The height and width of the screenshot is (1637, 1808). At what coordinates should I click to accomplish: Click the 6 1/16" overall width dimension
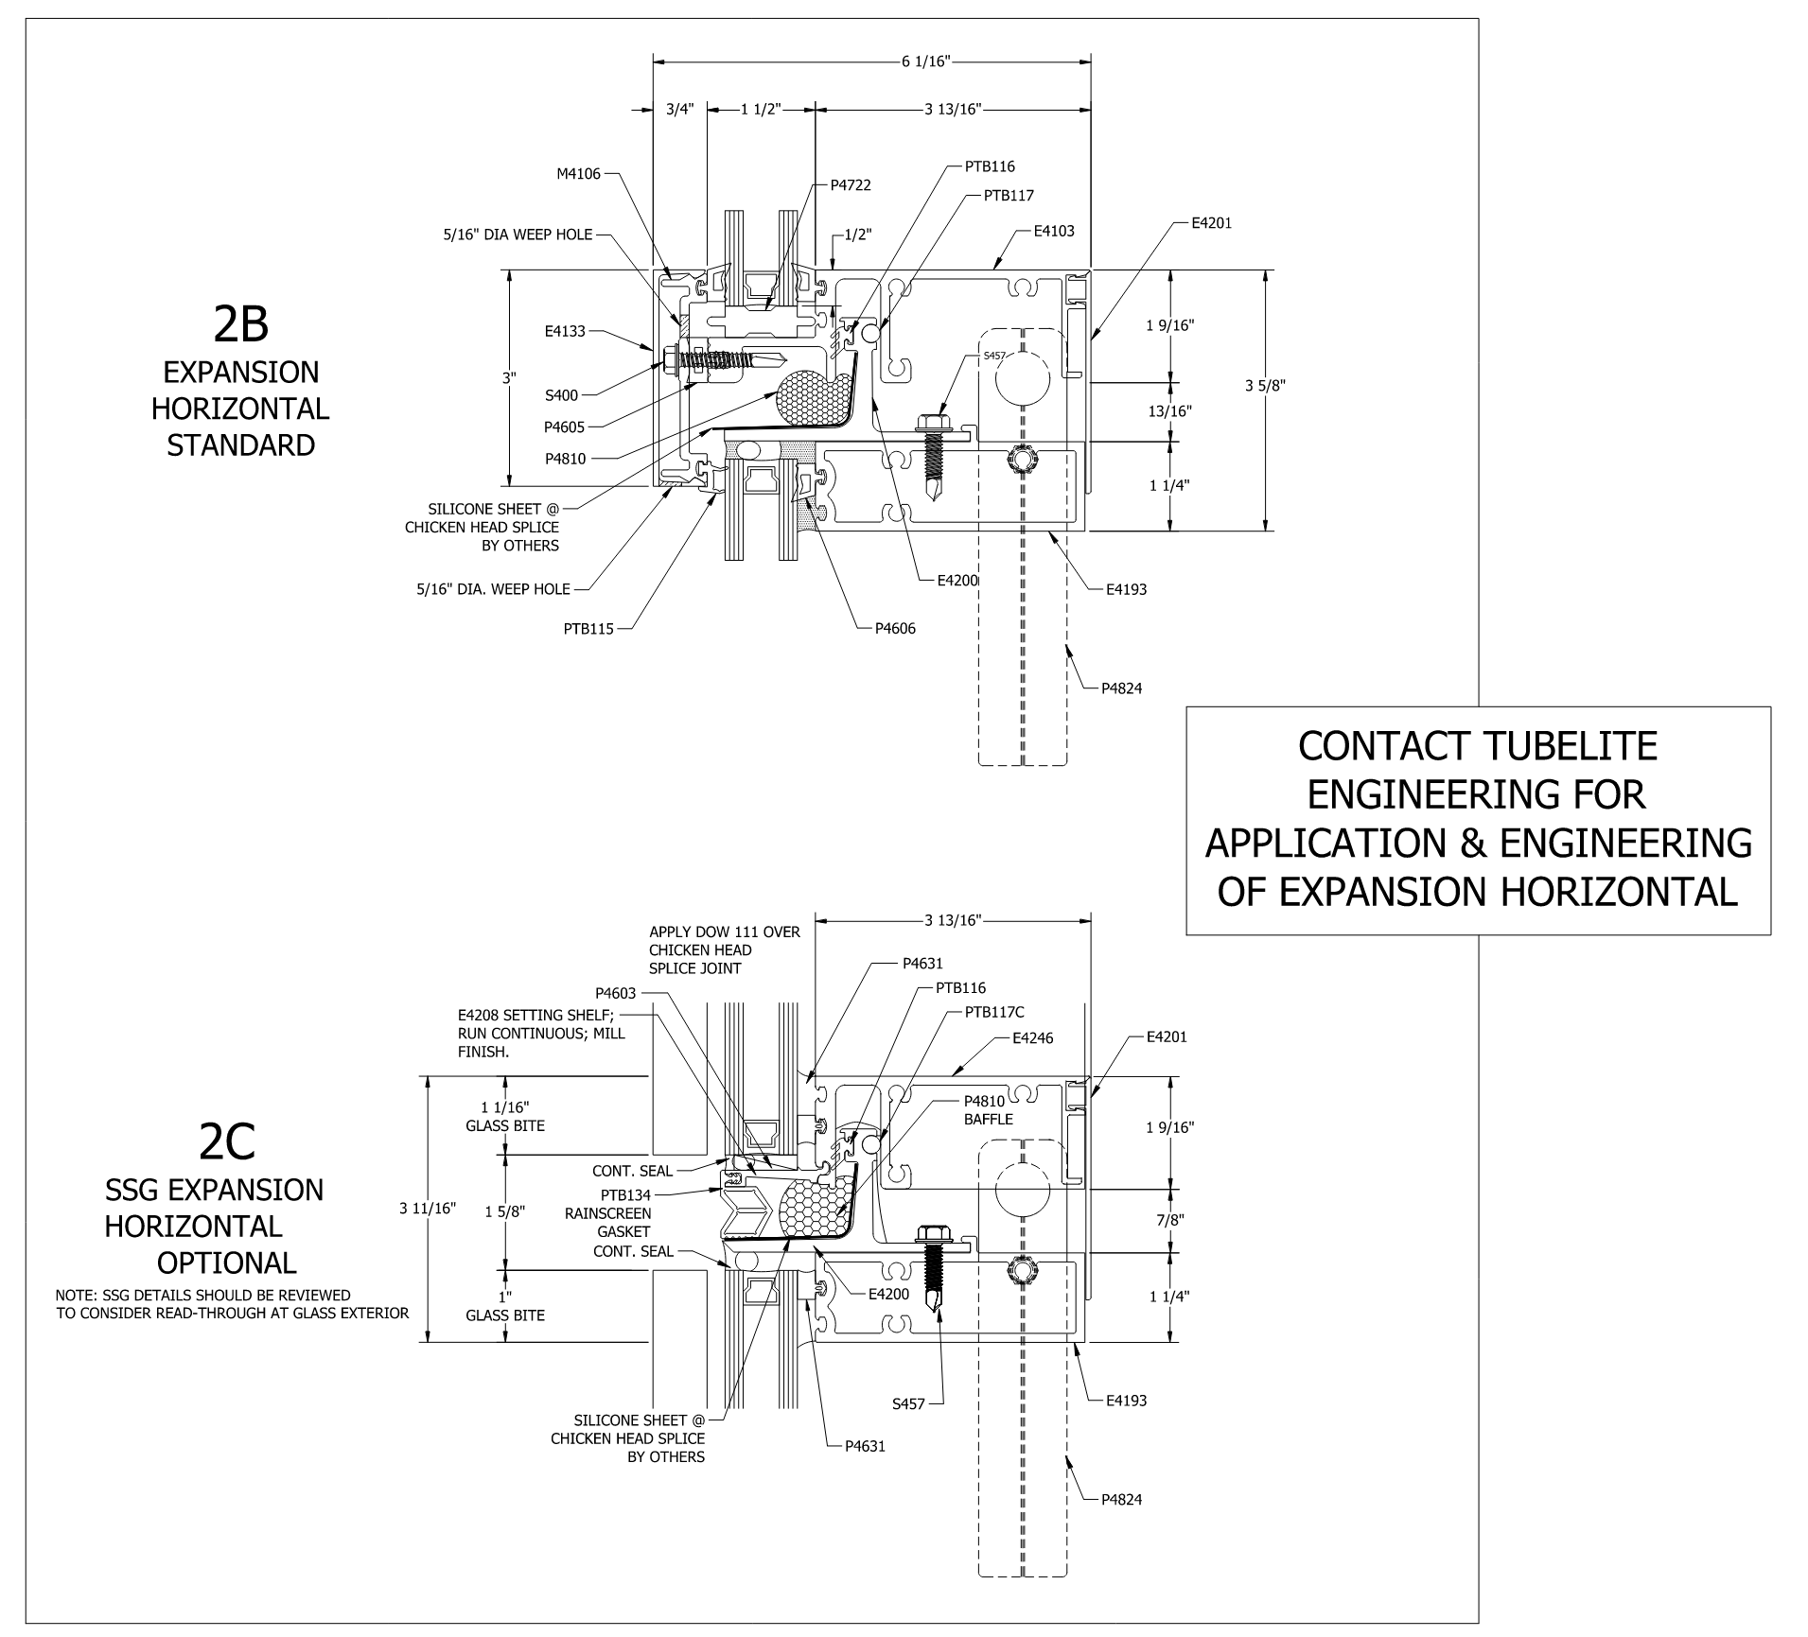pos(925,62)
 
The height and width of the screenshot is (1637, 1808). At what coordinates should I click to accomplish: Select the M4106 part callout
pos(577,174)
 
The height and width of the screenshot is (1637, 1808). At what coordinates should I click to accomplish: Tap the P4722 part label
pos(851,185)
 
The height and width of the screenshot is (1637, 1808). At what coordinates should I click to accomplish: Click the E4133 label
pos(565,332)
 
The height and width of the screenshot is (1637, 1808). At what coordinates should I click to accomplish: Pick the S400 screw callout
pos(561,395)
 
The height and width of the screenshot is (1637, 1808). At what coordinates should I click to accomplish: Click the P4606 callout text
pos(895,628)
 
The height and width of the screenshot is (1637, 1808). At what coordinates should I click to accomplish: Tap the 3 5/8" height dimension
pos(1266,385)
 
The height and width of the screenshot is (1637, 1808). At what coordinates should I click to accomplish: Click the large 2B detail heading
pos(241,323)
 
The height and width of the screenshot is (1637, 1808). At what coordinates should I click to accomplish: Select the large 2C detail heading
pos(227,1141)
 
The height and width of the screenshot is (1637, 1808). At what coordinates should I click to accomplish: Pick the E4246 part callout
pos(1032,1038)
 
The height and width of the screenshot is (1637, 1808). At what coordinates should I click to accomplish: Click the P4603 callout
pos(616,993)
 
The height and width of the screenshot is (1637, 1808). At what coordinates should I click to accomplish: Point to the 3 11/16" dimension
pos(428,1209)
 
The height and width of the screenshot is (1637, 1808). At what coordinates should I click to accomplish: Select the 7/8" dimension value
pos(1169,1220)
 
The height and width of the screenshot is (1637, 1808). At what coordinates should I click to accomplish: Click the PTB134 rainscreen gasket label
pos(625,1195)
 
